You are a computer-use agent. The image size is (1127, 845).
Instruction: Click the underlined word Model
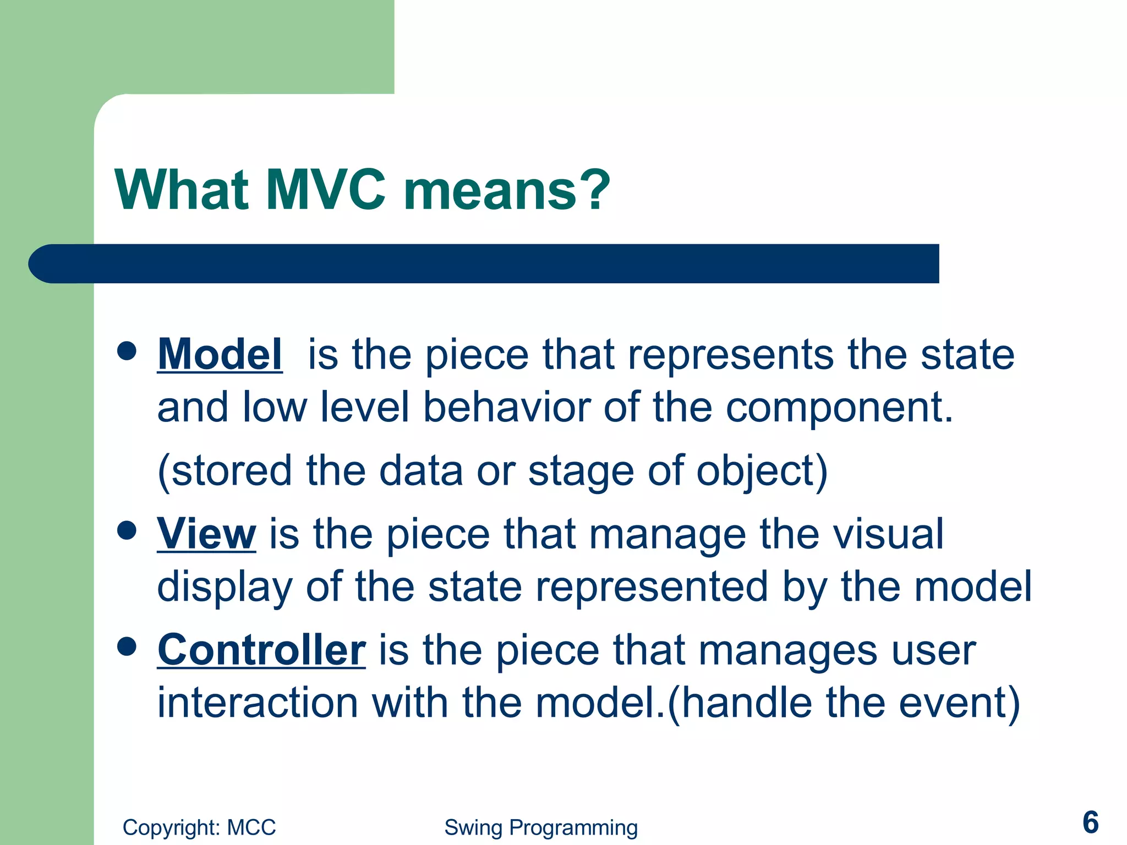(220, 354)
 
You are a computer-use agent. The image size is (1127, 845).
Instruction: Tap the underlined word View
(206, 534)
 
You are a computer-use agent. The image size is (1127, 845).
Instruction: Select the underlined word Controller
(261, 650)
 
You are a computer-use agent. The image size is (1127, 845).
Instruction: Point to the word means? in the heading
(507, 190)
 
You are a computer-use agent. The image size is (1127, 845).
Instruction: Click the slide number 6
(1090, 822)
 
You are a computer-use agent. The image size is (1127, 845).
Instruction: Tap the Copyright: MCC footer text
(199, 827)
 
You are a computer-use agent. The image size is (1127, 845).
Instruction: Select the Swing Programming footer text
(541, 827)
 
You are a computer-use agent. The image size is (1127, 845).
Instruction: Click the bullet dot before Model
(127, 351)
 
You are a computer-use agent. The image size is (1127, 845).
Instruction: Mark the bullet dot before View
(127, 530)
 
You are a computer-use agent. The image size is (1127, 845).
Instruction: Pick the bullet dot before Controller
(127, 647)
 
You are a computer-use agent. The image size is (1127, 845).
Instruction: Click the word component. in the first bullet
(839, 408)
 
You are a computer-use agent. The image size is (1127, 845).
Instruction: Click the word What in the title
(182, 190)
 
